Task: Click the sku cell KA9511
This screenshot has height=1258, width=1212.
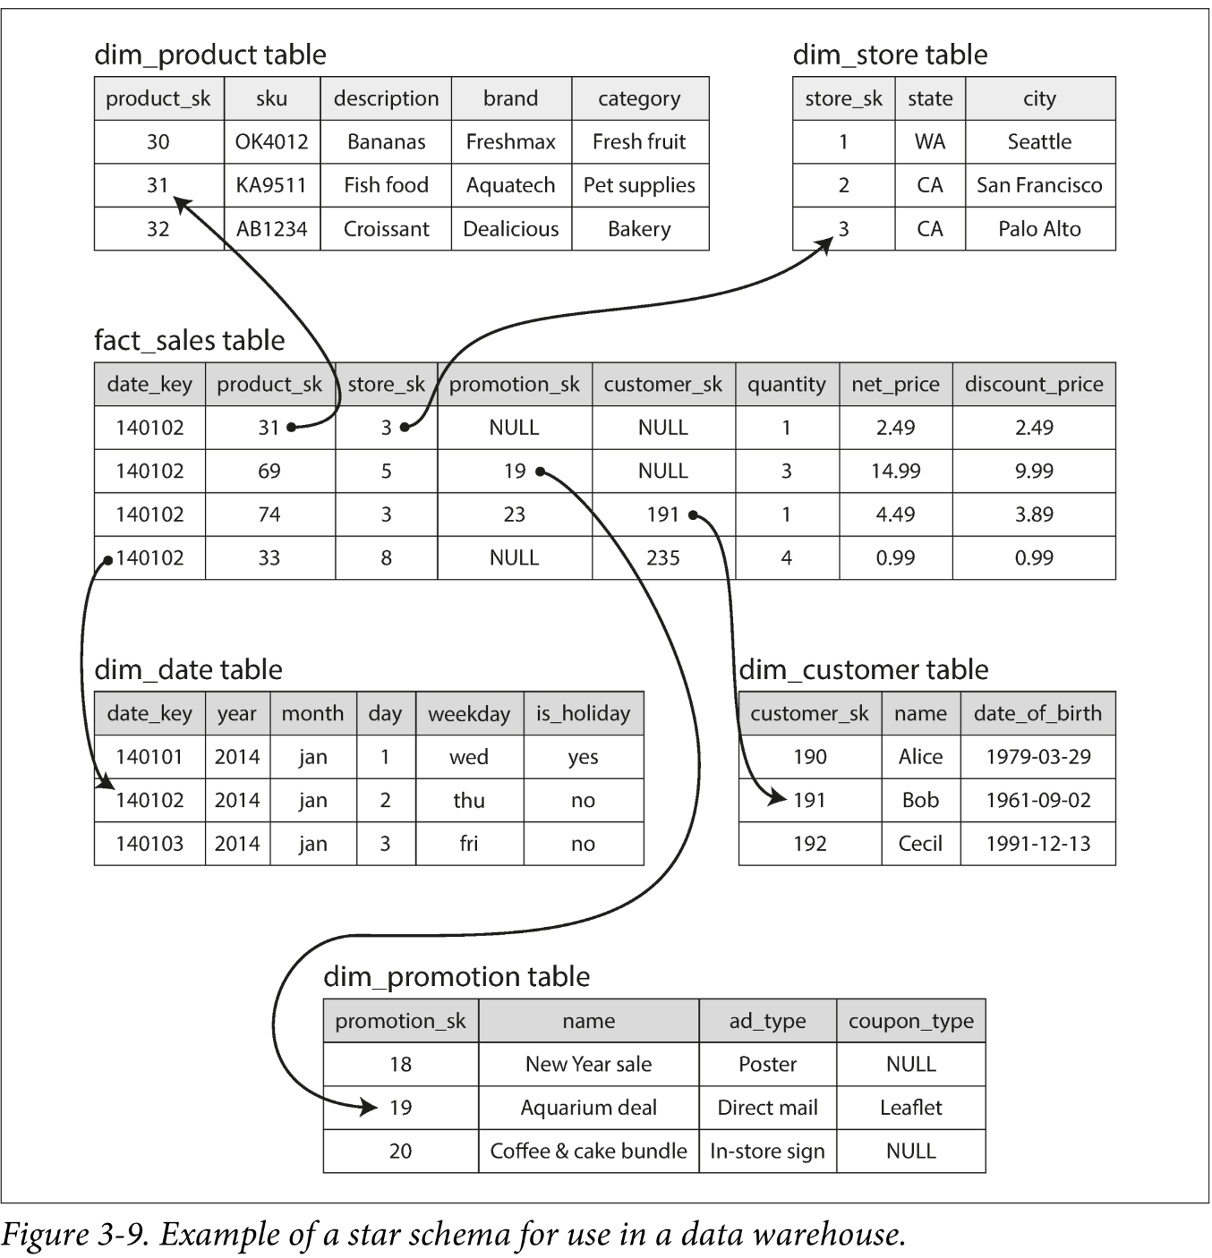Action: (271, 185)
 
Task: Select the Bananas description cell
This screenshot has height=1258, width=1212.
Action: (386, 141)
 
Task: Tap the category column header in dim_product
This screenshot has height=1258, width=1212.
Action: (639, 98)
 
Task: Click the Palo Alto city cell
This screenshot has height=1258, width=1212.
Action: (1039, 229)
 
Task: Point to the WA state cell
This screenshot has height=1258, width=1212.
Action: (929, 141)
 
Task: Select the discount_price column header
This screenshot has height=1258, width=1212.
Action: (1034, 384)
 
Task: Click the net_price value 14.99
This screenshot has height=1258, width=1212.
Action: (895, 471)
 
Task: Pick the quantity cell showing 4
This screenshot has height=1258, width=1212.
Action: (786, 557)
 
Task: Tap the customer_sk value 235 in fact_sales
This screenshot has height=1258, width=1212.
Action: (662, 557)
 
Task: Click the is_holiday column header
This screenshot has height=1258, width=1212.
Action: (583, 713)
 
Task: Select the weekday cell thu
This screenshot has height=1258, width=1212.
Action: (468, 800)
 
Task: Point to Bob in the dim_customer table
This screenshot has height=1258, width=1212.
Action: (920, 800)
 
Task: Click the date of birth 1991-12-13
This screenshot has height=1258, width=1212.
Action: (1037, 844)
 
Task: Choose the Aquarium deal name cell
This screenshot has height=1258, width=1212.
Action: (588, 1108)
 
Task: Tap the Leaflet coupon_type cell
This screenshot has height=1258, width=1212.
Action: (910, 1108)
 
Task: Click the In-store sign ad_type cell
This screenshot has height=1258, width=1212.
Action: (767, 1151)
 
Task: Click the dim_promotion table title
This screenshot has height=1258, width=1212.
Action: (456, 976)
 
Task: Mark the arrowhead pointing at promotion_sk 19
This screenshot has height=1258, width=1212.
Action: (369, 1108)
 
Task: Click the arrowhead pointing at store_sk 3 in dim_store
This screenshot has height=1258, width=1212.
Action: (825, 243)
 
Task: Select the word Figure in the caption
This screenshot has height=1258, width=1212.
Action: (44, 1235)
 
